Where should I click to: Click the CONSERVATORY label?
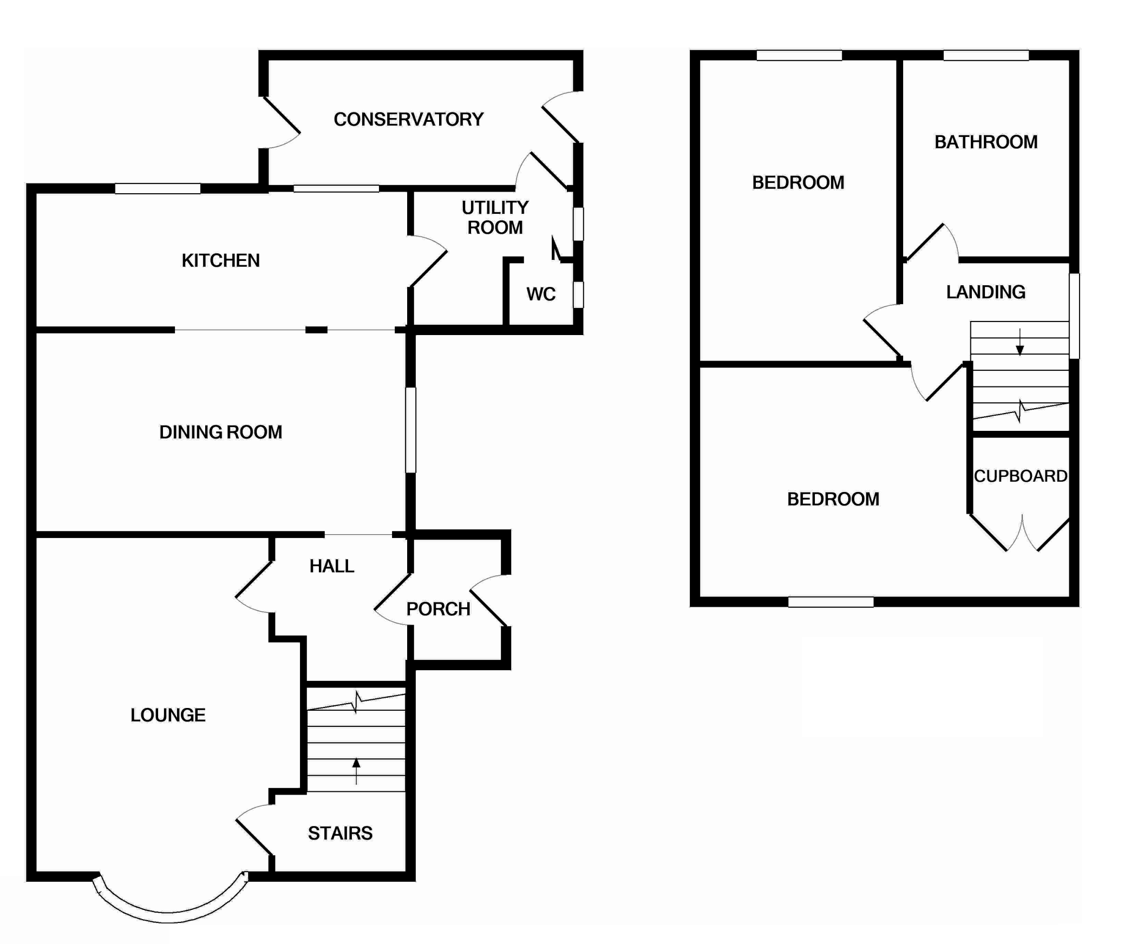click(408, 119)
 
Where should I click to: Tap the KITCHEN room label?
click(220, 260)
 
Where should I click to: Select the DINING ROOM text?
click(220, 432)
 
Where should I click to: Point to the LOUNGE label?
click(168, 715)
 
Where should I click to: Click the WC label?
click(541, 294)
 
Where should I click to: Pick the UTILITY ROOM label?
click(495, 217)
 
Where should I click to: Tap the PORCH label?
click(438, 609)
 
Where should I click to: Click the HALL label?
click(332, 566)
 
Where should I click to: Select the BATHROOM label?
click(986, 142)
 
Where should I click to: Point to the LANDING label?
click(986, 292)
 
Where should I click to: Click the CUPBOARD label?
click(1021, 476)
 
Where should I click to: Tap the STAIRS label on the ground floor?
click(340, 833)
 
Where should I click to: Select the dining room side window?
click(411, 430)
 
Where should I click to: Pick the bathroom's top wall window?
click(986, 55)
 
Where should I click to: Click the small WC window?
click(578, 294)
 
